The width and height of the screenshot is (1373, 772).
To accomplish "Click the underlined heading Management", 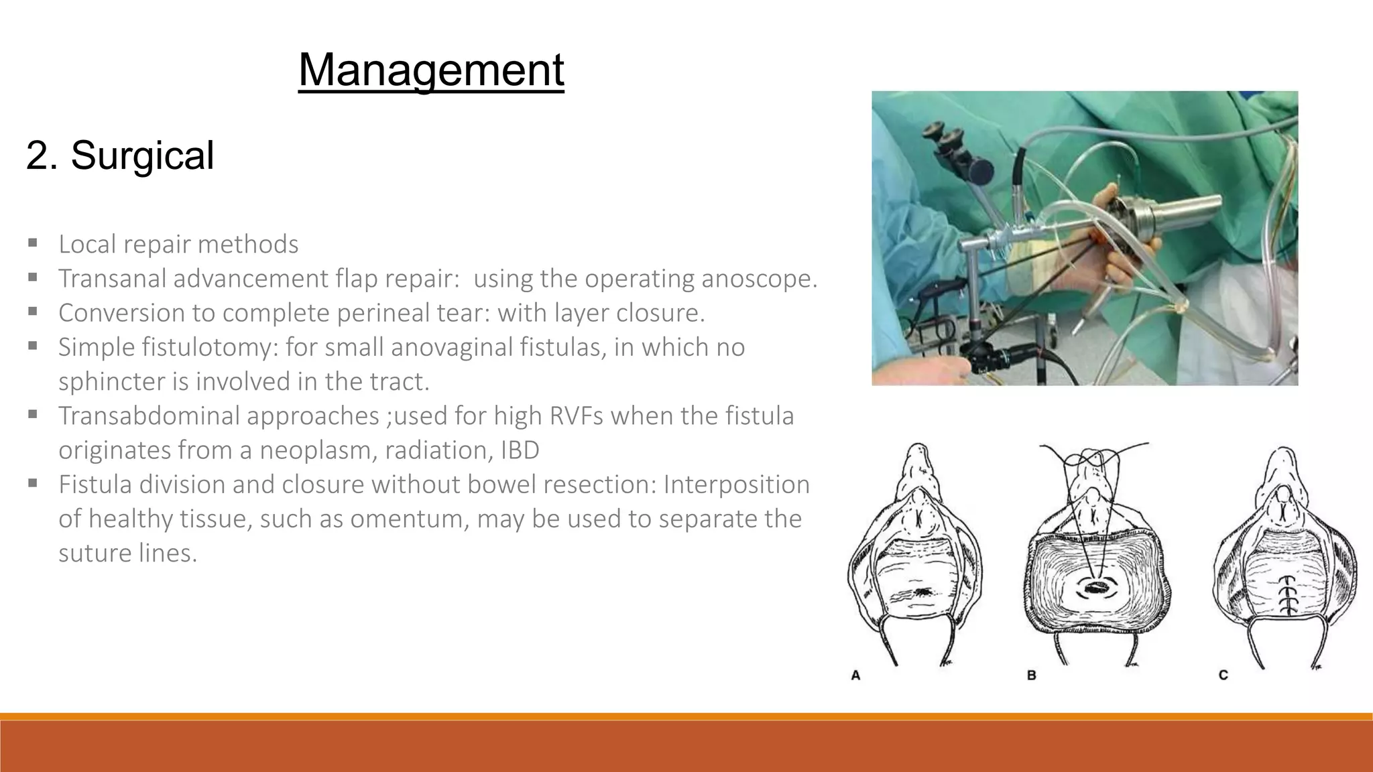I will coord(431,70).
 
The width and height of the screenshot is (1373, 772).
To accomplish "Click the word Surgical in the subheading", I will coord(142,155).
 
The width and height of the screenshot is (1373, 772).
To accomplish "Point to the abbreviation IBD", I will coord(520,450).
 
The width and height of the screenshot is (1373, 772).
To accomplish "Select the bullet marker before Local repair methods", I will coord(32,242).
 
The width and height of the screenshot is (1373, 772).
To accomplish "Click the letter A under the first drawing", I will coord(855,675).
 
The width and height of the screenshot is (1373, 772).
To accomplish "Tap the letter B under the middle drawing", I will coord(1031,675).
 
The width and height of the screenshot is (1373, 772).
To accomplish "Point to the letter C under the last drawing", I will coord(1223,675).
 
